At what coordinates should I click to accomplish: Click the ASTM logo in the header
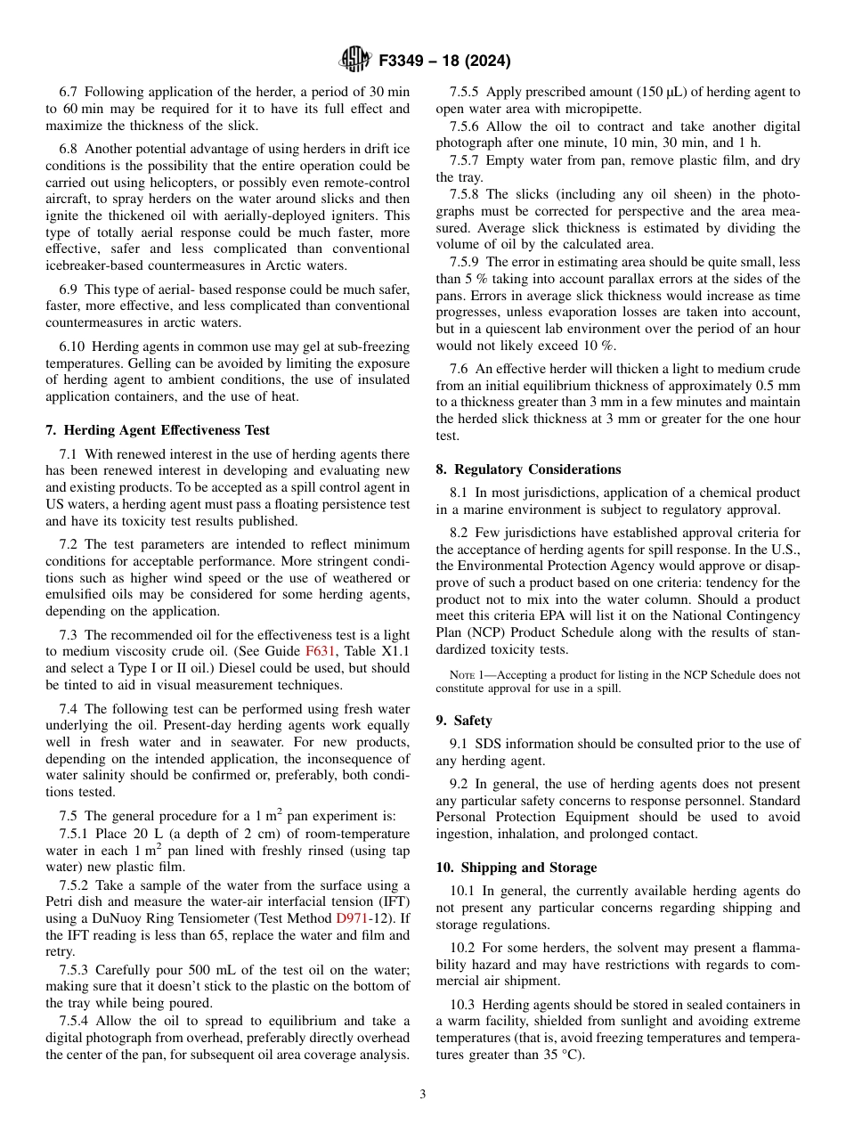click(x=354, y=61)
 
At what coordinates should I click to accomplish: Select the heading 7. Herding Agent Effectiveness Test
click(x=158, y=430)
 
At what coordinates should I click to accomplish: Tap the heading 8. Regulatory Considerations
click(x=528, y=469)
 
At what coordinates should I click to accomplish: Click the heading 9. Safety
click(x=463, y=721)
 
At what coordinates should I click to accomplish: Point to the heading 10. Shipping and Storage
click(x=516, y=868)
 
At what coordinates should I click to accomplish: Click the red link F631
click(x=320, y=651)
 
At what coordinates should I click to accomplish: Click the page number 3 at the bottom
click(x=422, y=1095)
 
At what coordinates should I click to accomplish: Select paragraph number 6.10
click(x=72, y=346)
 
